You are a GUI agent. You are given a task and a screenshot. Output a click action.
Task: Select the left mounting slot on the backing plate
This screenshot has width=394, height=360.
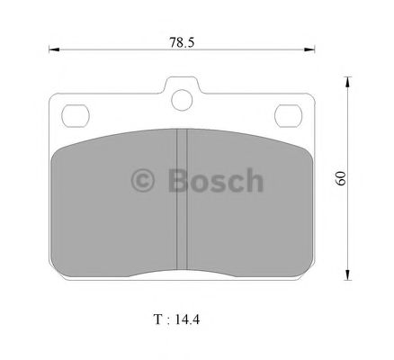tap(73, 115)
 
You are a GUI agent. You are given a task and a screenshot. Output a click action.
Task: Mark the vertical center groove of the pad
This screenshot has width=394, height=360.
tap(181, 198)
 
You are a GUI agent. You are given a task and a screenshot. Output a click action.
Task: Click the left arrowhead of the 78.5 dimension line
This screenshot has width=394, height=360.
tap(51, 49)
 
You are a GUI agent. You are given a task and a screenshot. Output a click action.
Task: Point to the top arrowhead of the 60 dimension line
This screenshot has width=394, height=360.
tap(348, 82)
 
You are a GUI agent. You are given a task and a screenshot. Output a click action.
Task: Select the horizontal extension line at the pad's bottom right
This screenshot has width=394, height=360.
tap(333, 279)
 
